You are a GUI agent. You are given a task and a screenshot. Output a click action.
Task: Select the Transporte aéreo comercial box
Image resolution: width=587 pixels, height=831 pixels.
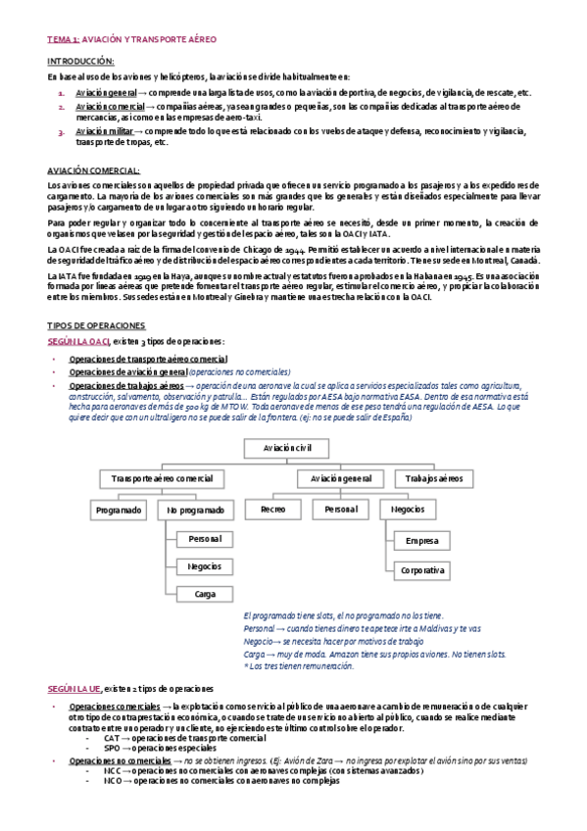[x=162, y=478]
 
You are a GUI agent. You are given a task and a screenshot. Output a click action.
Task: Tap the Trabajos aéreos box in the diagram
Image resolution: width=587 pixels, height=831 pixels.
[x=428, y=478]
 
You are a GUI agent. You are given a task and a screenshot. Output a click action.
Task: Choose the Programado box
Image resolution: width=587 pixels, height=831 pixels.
[x=119, y=511]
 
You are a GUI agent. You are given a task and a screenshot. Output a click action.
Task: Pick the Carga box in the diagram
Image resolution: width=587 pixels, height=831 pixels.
[x=205, y=594]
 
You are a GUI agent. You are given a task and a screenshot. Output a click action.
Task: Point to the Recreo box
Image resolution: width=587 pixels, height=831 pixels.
[x=272, y=511]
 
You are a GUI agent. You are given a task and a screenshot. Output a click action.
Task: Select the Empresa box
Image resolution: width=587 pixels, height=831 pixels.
[x=421, y=540]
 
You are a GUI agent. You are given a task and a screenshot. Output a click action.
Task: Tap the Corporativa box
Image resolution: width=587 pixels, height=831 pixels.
[x=421, y=569]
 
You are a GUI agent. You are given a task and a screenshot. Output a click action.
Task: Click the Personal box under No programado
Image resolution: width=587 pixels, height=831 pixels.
[x=205, y=539]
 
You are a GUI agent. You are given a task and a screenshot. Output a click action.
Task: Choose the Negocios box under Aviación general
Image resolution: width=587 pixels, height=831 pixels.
[x=408, y=511]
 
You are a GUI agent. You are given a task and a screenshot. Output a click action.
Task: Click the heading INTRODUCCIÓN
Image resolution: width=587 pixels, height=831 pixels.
[x=81, y=61]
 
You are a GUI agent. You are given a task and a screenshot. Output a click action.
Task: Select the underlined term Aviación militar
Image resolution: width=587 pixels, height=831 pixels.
[x=102, y=130]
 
